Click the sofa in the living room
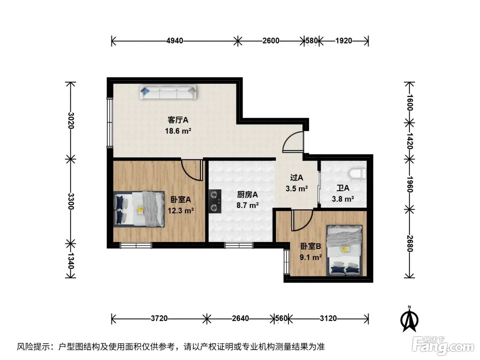tap(168, 92)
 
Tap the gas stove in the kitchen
tap(215, 201)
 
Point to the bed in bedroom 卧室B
tap(345, 250)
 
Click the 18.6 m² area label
tap(178, 131)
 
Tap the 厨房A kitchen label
tap(247, 194)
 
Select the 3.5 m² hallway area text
tap(297, 189)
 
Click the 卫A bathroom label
tap(343, 188)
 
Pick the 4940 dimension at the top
tap(175, 41)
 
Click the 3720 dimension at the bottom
tap(159, 319)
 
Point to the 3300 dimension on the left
tap(71, 201)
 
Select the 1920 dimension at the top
tap(344, 41)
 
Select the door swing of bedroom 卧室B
tap(302, 220)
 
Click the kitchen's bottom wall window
tap(239, 245)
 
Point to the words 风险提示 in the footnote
tap(34, 346)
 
